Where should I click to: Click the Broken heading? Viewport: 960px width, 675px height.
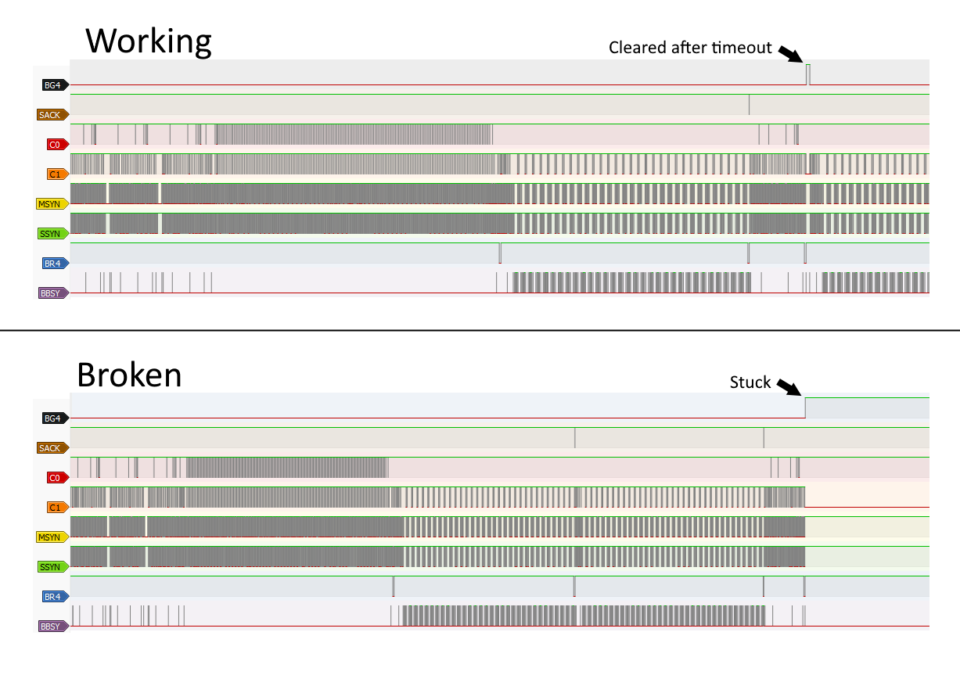[129, 375]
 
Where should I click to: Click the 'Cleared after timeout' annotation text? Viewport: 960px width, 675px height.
[690, 48]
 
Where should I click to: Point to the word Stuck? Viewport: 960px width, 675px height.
[750, 382]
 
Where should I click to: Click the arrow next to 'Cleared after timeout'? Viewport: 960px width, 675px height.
[790, 52]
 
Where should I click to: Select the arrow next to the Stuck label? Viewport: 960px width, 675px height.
[789, 387]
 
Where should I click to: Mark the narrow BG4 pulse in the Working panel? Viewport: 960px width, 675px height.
[808, 74]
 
